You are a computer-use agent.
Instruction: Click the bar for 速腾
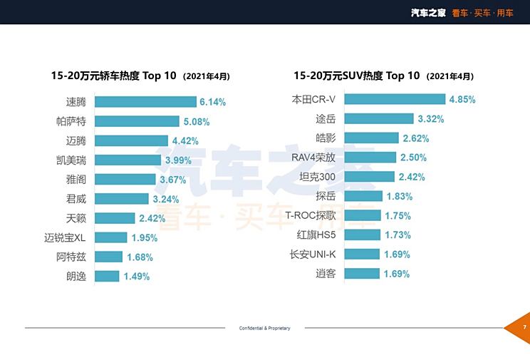(145, 102)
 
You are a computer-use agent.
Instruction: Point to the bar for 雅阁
(125, 180)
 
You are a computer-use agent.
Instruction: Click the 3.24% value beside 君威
(165, 200)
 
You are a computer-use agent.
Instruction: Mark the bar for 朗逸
(107, 277)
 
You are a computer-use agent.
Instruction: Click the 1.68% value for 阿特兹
(140, 257)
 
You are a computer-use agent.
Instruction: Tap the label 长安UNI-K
(313, 254)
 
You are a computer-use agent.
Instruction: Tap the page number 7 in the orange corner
(524, 327)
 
